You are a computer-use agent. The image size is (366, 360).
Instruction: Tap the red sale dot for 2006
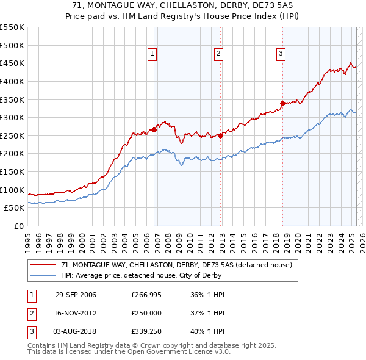click(154, 129)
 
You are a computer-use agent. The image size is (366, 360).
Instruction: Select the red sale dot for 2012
click(220, 135)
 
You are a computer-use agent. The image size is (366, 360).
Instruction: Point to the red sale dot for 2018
click(282, 103)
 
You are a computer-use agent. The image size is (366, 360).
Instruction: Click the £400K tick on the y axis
click(12, 81)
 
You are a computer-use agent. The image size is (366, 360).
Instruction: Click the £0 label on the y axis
click(19, 226)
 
